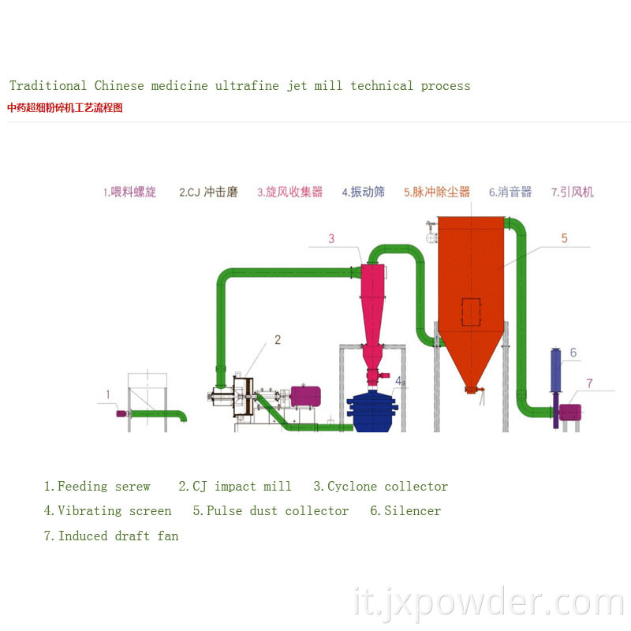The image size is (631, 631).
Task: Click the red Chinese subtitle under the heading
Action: click(x=65, y=108)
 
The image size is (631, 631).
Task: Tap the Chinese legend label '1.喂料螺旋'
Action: click(x=129, y=192)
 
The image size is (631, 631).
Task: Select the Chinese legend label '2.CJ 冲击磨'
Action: click(x=208, y=192)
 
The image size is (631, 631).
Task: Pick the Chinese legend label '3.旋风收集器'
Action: click(x=289, y=192)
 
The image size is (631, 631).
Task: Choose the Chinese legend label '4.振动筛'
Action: click(x=363, y=192)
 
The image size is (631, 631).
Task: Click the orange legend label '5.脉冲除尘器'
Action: click(x=436, y=192)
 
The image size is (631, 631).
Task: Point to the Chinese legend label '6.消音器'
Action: click(x=510, y=192)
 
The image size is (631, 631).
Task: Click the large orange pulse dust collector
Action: click(x=471, y=276)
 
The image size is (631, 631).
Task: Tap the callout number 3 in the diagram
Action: click(x=331, y=238)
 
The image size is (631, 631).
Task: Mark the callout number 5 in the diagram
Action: click(x=564, y=238)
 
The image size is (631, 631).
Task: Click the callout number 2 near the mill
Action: click(x=277, y=340)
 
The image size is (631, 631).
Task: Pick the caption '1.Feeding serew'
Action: click(x=96, y=487)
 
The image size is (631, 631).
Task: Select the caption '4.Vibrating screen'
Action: click(x=107, y=511)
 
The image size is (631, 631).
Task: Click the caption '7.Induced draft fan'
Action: click(x=111, y=536)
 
